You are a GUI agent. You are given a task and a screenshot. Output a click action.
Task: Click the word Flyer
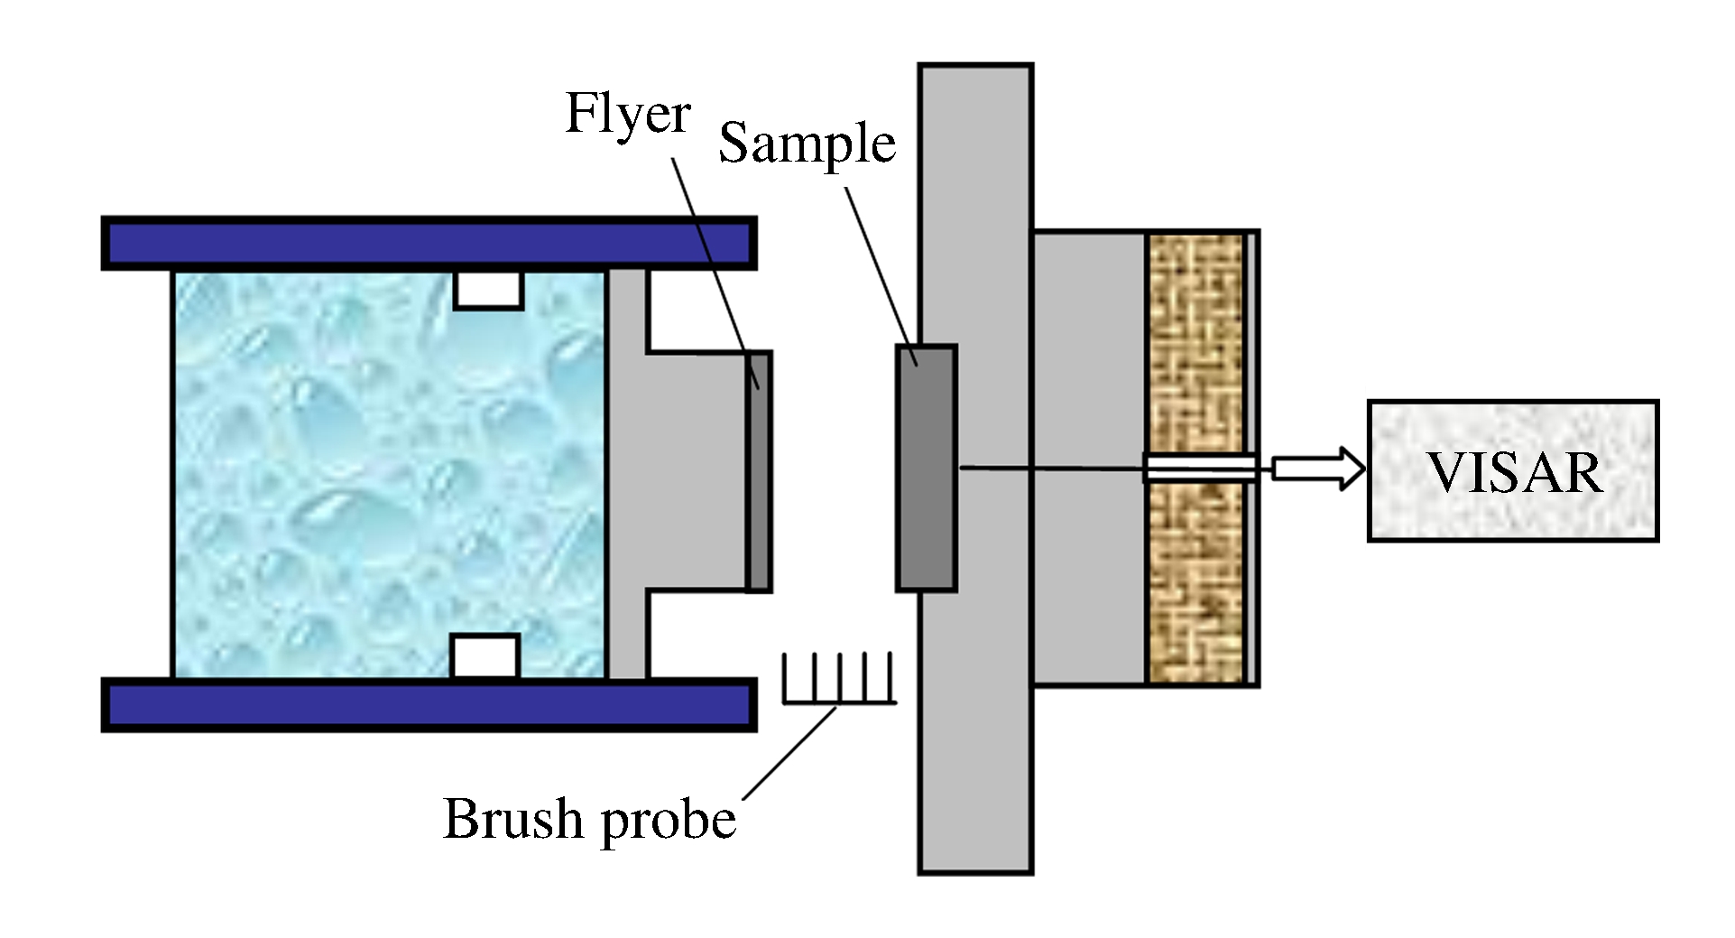tap(627, 116)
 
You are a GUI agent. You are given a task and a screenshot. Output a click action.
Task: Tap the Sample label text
tap(807, 144)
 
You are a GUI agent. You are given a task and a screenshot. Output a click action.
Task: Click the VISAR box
tap(1513, 470)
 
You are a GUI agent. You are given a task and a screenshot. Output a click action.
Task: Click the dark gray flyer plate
tap(759, 471)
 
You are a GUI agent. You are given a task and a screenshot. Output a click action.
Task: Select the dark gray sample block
tap(926, 469)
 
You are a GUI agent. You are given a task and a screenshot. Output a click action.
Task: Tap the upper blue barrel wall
tap(429, 243)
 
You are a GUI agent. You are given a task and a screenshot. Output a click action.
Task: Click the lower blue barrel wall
tap(429, 705)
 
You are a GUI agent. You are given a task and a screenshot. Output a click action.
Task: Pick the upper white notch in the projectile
tap(488, 290)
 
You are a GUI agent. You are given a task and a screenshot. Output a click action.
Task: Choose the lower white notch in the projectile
tap(485, 656)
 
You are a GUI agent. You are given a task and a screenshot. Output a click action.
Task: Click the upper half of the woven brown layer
tap(1195, 343)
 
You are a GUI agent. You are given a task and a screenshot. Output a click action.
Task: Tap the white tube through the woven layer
tap(1200, 468)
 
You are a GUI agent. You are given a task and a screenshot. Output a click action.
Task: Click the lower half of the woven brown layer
tap(1195, 587)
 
